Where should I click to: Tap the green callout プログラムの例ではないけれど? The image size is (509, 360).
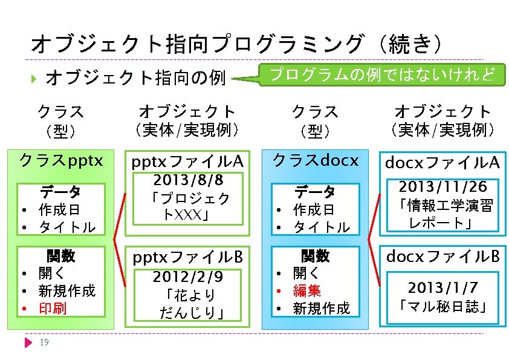click(381, 74)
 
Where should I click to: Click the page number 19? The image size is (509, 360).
click(43, 343)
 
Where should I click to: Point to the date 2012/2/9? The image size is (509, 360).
click(188, 277)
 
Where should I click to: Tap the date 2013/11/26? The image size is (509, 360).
click(443, 187)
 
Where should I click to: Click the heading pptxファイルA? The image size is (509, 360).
click(187, 162)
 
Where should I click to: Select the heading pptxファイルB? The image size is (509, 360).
click(187, 258)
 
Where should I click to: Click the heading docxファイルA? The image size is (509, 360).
click(443, 163)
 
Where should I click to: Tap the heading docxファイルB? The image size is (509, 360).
click(443, 257)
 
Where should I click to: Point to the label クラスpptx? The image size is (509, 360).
click(61, 160)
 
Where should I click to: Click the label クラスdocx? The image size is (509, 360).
click(316, 160)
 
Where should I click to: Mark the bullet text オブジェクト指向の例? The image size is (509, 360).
click(135, 78)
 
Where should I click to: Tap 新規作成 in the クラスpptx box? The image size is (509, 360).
click(66, 291)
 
